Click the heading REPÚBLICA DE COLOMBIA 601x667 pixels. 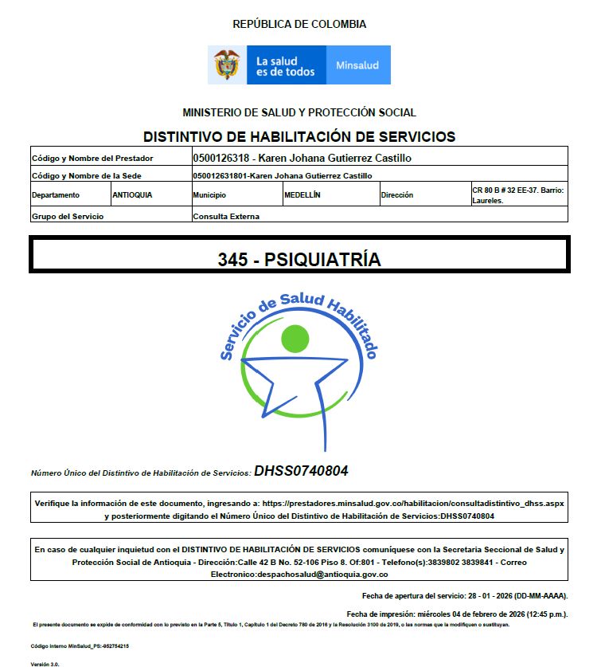[299, 24]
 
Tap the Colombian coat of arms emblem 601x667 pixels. [228, 65]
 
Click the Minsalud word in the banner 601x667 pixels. [357, 65]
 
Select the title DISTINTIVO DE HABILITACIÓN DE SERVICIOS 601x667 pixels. [299, 136]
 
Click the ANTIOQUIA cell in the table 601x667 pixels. [133, 194]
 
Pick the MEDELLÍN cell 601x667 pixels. [302, 194]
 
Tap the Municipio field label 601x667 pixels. [209, 194]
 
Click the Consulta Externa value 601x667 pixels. [226, 216]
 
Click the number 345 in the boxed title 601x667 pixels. [231, 260]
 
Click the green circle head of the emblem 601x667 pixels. [295, 339]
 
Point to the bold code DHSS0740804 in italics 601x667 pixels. [301, 471]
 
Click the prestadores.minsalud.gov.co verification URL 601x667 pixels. [412, 504]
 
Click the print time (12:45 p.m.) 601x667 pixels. [541, 614]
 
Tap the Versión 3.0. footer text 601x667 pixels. [45, 663]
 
